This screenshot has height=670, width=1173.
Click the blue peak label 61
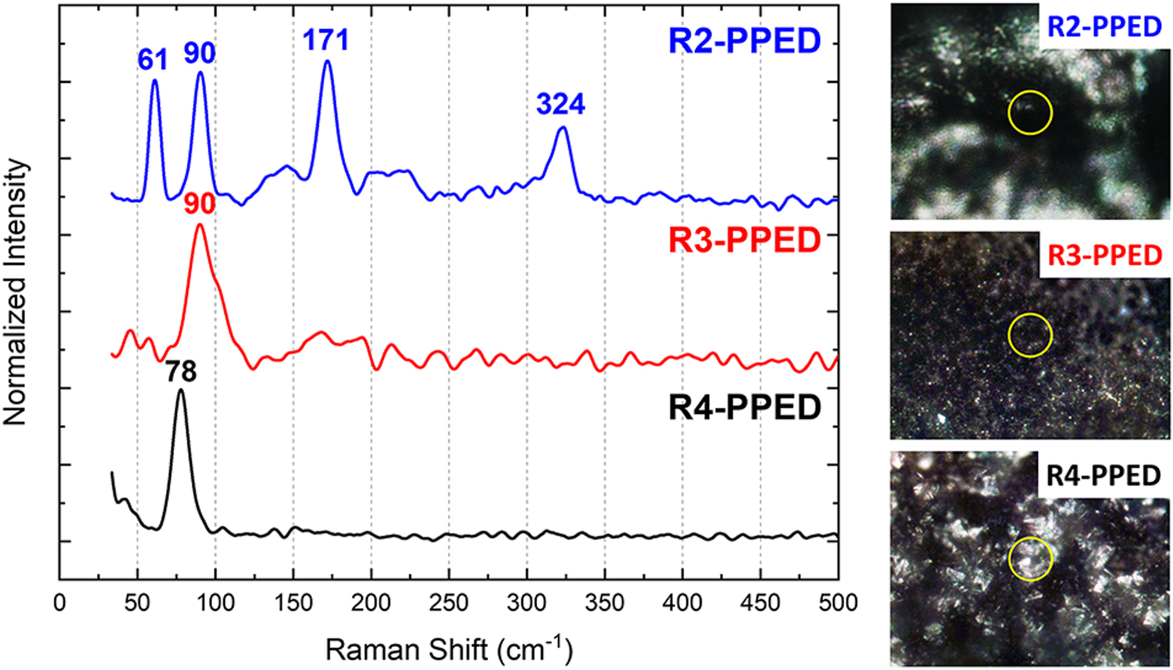152,60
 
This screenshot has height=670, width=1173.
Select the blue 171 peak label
326,40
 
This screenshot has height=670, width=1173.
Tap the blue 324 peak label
560,104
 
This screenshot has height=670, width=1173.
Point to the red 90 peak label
199,204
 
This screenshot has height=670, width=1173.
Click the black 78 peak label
181,371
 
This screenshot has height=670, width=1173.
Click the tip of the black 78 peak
180,390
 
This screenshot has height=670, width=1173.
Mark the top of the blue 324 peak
563,128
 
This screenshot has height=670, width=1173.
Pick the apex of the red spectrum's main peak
199,224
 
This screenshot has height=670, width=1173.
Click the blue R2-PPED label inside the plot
744,40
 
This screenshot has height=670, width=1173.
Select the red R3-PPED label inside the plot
744,241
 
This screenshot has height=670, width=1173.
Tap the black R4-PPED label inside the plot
744,408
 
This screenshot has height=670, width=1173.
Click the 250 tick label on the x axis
449,603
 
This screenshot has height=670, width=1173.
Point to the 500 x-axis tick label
838,603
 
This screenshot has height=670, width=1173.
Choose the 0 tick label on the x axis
60,603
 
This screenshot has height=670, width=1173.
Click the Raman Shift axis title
448,649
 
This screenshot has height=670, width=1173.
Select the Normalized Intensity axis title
16,292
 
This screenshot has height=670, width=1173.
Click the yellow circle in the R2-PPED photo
1030,113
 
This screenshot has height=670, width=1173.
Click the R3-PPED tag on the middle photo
1104,255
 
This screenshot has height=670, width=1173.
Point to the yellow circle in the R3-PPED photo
1030,334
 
